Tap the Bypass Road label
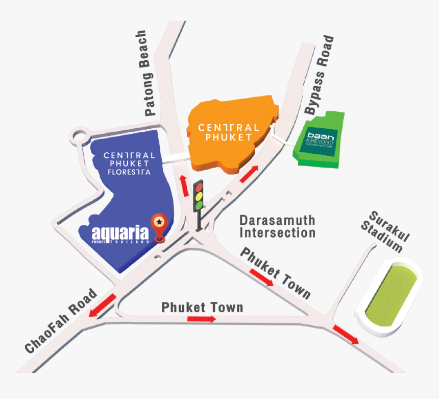pos(320,75)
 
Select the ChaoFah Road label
pos(61,321)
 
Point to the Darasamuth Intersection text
pos(278,227)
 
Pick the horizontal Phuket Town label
pos(202,308)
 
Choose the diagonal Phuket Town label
pos(276,273)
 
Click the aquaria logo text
pos(121,234)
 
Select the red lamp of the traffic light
pos(198,187)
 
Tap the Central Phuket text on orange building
pos(228,132)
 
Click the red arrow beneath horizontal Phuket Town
pos(201,319)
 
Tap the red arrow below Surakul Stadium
pos(346,334)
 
